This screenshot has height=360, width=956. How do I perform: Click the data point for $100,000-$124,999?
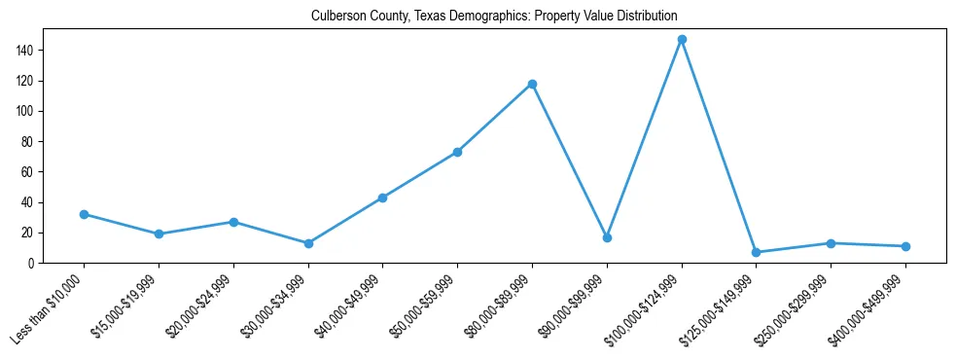(682, 40)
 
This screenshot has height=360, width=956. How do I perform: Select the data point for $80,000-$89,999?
(532, 84)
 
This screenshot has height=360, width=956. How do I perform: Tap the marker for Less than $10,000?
(84, 214)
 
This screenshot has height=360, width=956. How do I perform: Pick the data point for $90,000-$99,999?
(607, 237)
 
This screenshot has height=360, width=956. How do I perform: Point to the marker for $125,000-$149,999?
(756, 252)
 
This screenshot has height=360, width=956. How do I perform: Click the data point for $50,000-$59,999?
(457, 152)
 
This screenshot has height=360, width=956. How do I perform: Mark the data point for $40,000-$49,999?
(382, 198)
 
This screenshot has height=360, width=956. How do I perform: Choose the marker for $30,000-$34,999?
(308, 243)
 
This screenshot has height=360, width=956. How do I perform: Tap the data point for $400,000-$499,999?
(905, 246)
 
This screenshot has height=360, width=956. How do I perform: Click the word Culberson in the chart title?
(336, 17)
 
